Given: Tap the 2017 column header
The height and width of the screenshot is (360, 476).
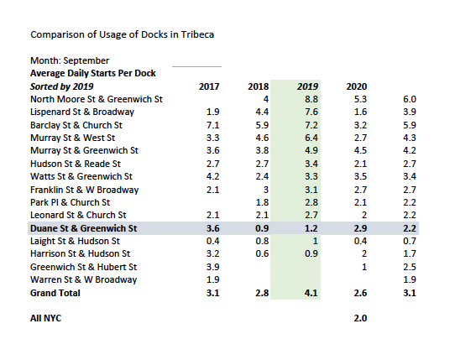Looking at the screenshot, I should pyautogui.click(x=209, y=86).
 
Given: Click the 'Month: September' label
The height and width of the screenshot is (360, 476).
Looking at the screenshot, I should pyautogui.click(x=70, y=60).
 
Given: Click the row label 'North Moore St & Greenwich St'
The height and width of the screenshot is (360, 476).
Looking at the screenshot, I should pyautogui.click(x=96, y=98).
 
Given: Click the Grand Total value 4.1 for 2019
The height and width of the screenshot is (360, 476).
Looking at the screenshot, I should pyautogui.click(x=311, y=292).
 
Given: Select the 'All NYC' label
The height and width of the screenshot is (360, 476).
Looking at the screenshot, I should pyautogui.click(x=46, y=318).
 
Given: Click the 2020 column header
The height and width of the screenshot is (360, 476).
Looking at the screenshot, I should pyautogui.click(x=357, y=86).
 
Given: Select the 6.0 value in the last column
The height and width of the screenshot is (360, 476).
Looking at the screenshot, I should pyautogui.click(x=410, y=98).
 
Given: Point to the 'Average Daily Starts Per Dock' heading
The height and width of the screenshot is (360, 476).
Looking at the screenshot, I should pyautogui.click(x=92, y=73).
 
